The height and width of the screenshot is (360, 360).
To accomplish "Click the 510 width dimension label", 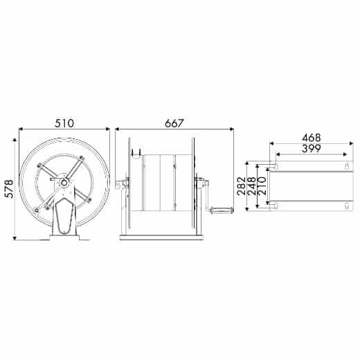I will pyautogui.click(x=64, y=123).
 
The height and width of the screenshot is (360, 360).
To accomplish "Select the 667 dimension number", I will pyautogui.click(x=174, y=123).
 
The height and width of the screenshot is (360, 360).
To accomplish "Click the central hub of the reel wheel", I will pyautogui.click(x=64, y=183).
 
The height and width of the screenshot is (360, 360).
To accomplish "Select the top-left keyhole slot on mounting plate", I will pyautogui.click(x=276, y=166).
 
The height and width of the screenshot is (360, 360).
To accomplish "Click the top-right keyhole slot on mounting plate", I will pyautogui.click(x=346, y=166).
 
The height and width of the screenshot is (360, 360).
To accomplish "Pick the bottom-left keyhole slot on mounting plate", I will pyautogui.click(x=276, y=204).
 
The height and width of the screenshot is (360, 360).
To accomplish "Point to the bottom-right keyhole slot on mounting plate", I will pyautogui.click(x=346, y=204).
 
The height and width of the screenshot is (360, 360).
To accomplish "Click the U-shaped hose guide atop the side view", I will pyautogui.click(x=135, y=150).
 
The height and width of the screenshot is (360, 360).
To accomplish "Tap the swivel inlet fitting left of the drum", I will pyautogui.click(x=120, y=185).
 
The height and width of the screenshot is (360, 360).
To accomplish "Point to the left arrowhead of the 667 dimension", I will pyautogui.click(x=118, y=129).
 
